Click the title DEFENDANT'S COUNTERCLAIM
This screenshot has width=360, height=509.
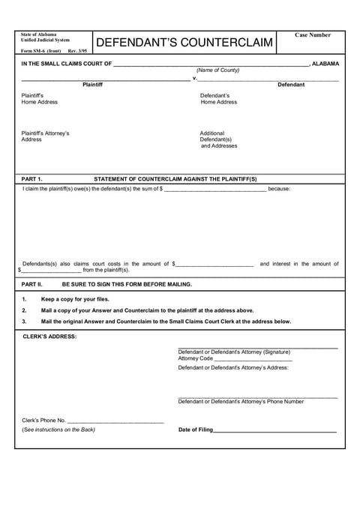(184, 43)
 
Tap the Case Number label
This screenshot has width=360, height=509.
(312, 35)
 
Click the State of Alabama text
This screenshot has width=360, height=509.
(38, 34)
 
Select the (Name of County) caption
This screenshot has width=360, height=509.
(217, 70)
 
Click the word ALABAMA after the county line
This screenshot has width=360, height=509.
(325, 64)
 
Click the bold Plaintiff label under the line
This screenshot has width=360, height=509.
(92, 85)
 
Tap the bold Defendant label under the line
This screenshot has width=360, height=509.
(291, 85)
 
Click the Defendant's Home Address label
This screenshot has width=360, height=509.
(218, 99)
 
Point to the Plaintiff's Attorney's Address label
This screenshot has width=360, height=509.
(45, 136)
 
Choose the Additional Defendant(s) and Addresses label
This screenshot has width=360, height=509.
(218, 139)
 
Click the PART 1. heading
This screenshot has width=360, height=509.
(31, 179)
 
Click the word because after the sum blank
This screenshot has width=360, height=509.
(279, 189)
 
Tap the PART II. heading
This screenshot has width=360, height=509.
(33, 284)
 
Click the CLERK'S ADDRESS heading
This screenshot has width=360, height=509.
(49, 337)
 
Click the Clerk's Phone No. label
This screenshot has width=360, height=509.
(44, 421)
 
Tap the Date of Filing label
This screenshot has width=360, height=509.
(195, 430)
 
